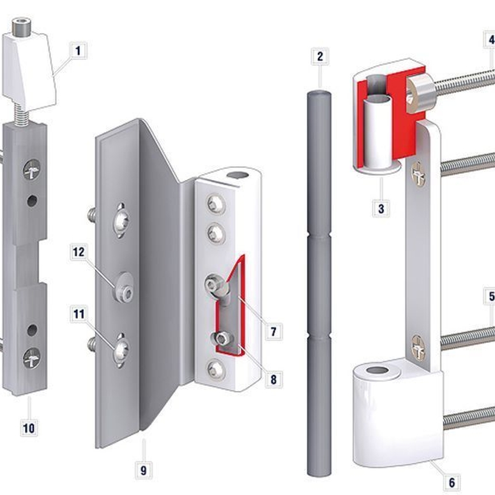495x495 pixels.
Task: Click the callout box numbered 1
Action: tap(78, 50)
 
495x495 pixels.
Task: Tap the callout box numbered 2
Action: tap(320, 56)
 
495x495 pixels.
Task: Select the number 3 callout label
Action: tap(381, 208)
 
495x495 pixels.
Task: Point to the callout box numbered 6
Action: tap(452, 482)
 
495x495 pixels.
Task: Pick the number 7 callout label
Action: tap(274, 331)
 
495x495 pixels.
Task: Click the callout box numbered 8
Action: tap(274, 379)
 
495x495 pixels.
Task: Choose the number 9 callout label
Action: tap(144, 470)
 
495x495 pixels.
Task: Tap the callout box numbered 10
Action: tap(29, 428)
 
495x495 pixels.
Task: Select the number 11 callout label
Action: tap(79, 314)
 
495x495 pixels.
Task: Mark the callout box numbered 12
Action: tap(79, 252)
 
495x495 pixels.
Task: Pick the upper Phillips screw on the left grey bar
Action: tap(31, 170)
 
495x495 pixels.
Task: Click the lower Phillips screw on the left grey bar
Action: tap(31, 358)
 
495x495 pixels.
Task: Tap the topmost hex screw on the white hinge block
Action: tap(217, 204)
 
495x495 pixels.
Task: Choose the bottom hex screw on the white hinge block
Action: tap(217, 369)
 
